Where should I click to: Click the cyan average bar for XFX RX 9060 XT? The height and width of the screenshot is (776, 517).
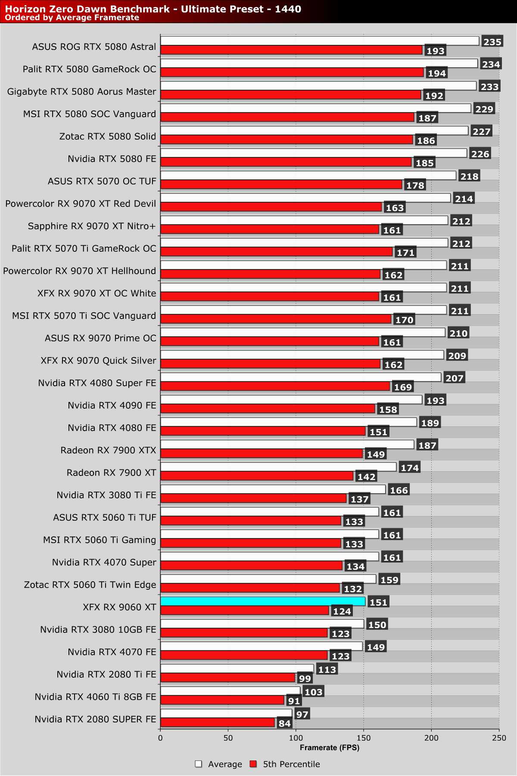click(x=263, y=601)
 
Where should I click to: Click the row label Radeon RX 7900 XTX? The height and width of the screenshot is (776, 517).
click(x=108, y=450)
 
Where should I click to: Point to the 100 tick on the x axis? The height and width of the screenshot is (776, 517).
click(x=296, y=738)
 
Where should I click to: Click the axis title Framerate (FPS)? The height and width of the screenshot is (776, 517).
click(x=330, y=748)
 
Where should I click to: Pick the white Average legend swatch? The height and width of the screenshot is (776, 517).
click(x=199, y=764)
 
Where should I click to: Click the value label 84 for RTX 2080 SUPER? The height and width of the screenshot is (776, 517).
click(x=284, y=723)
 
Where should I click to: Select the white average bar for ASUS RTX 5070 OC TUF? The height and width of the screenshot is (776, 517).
click(x=308, y=175)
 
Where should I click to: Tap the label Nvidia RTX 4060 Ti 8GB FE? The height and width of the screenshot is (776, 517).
click(x=95, y=697)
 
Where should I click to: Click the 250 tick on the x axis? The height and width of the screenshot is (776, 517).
click(x=499, y=738)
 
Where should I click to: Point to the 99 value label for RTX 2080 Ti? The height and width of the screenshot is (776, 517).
click(x=305, y=679)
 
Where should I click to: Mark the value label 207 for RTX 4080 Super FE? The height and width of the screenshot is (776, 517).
click(x=455, y=378)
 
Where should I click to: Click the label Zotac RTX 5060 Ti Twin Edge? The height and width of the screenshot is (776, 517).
click(x=90, y=585)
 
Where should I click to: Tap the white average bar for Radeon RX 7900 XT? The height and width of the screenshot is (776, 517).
click(x=278, y=467)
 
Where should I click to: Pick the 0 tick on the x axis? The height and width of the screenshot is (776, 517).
click(x=160, y=738)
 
